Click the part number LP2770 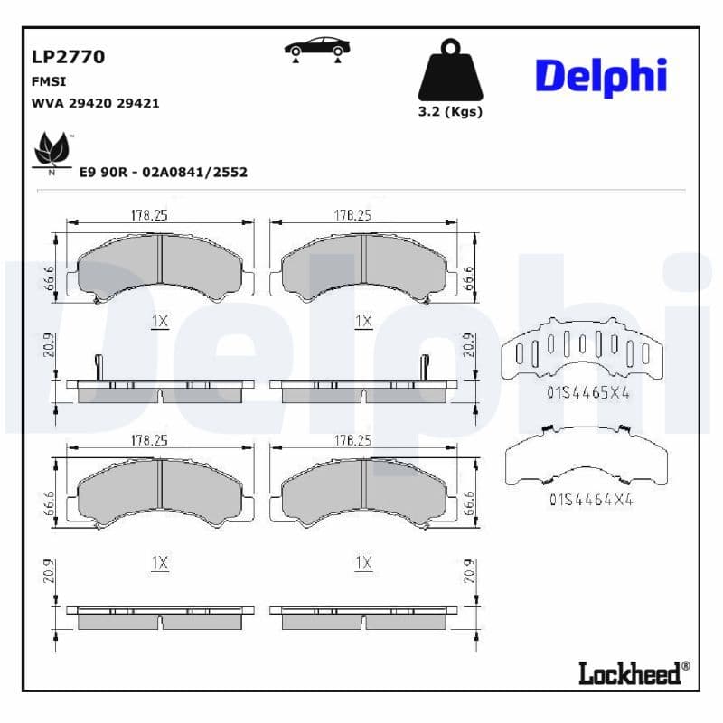(x=69, y=57)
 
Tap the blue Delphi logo (x=600, y=77)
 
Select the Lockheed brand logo (x=633, y=671)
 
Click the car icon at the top (x=317, y=49)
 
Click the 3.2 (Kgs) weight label (x=450, y=112)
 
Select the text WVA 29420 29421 (x=95, y=103)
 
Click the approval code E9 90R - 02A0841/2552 (x=164, y=172)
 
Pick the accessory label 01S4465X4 (x=587, y=393)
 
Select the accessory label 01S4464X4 (x=590, y=498)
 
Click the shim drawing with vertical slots (x=583, y=352)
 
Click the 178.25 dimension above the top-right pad (x=353, y=216)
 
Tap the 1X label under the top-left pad (x=160, y=321)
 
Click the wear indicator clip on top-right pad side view (x=423, y=367)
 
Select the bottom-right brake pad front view (x=363, y=493)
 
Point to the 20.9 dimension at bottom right (x=469, y=571)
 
